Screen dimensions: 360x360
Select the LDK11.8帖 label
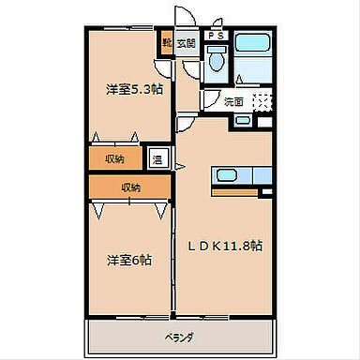(x=225, y=246)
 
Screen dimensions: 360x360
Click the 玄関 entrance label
(x=186, y=43)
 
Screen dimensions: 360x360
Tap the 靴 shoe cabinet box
(x=167, y=43)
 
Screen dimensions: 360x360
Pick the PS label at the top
(x=216, y=36)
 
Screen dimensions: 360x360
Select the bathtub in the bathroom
(x=251, y=43)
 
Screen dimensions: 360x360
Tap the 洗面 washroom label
(x=233, y=101)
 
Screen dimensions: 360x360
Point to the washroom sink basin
(x=243, y=119)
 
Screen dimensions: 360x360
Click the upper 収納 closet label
(x=114, y=157)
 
